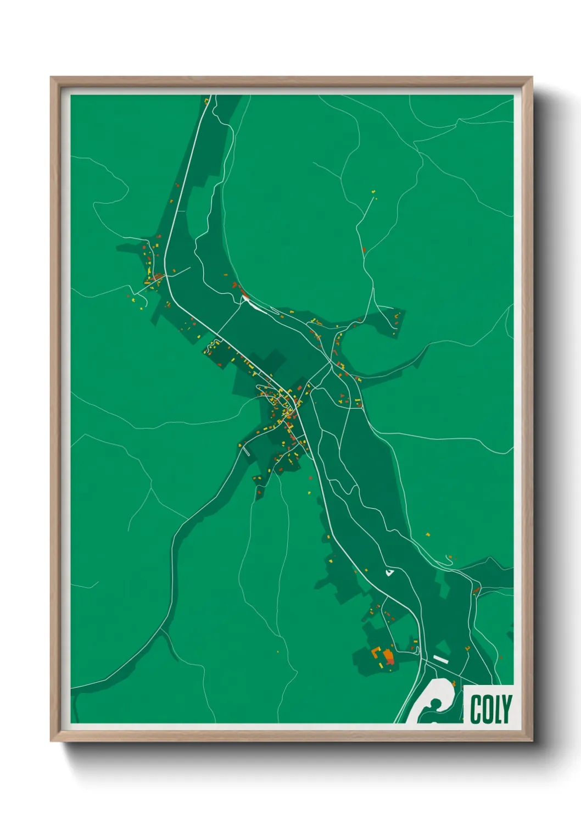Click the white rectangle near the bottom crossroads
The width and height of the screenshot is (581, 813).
[x=441, y=658]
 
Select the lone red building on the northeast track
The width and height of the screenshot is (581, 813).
[x=364, y=250]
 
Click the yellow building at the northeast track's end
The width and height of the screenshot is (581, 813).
[x=374, y=192]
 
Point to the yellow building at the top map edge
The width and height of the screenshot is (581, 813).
[x=206, y=101]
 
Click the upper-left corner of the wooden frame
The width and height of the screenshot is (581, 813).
[x=52, y=78]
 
